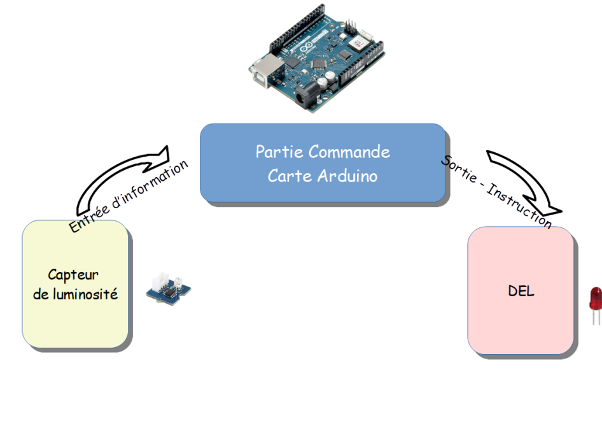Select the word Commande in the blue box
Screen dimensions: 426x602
pyautogui.click(x=349, y=152)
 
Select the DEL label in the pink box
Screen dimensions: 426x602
pyautogui.click(x=521, y=292)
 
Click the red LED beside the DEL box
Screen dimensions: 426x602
pyautogui.click(x=596, y=297)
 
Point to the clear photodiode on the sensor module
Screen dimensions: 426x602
pyautogui.click(x=178, y=280)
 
